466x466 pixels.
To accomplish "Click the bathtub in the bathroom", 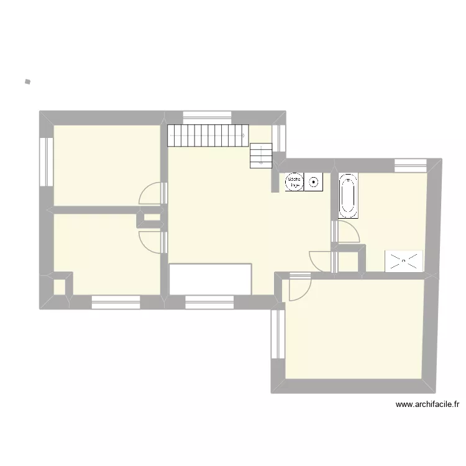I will click(348, 196).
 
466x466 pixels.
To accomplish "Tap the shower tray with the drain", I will click(404, 260).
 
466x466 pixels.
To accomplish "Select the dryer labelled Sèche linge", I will click(294, 181).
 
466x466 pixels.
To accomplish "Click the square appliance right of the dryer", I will click(314, 182).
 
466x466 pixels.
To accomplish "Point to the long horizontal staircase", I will click(208, 135).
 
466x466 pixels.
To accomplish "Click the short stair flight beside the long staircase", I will click(261, 155).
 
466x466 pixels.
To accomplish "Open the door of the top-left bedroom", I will click(153, 193).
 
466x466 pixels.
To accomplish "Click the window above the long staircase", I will click(208, 116).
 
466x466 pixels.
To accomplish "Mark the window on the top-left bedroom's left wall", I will click(45, 161).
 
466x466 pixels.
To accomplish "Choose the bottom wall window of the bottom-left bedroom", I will click(116, 303).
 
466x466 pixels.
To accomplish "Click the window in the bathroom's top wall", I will click(410, 165).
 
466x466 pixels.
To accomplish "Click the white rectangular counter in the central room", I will click(211, 278).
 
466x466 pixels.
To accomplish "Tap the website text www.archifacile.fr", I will click(427, 404).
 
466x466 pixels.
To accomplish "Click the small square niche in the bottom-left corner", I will click(59, 287).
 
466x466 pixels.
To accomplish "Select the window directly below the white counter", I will click(209, 303).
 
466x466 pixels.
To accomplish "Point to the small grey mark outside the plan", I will click(27, 81).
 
